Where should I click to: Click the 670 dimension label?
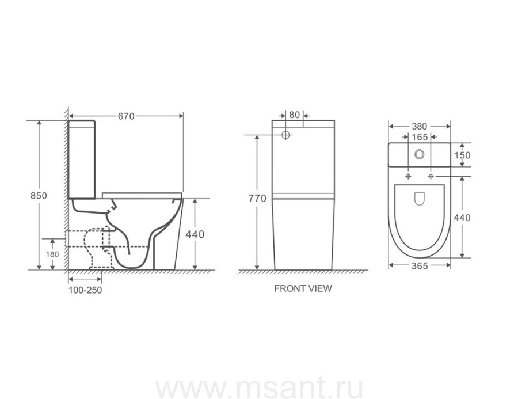pos(126,116)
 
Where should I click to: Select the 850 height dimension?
pos(39,196)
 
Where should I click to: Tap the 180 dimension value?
pos(52,254)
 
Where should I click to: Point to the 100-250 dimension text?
pos(85,290)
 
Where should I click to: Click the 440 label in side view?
pos(195,234)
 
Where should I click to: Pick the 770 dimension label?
pos(257,198)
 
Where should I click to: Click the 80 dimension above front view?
pos(294,115)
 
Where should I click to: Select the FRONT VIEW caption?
pos(303,288)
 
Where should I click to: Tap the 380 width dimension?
pos(419,126)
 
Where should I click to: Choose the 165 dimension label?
pos(420,137)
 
